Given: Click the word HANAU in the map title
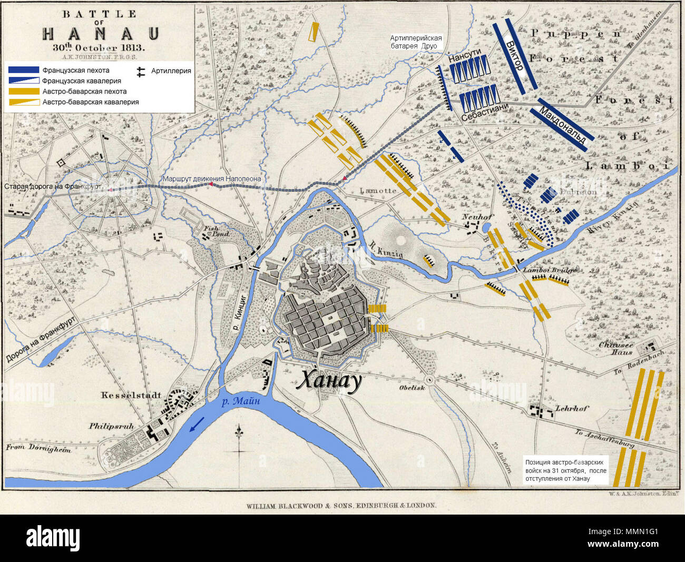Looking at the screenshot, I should point(100,34).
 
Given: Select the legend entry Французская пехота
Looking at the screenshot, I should point(75,70).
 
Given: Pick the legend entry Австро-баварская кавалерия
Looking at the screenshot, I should point(90,102).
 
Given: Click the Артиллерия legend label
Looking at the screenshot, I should point(171,71).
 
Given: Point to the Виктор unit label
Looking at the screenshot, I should point(514,55).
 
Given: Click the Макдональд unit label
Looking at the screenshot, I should point(562,125).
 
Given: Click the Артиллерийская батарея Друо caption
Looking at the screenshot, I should point(416,42).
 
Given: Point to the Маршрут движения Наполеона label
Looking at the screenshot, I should point(211,179).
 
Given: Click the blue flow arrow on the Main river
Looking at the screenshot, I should point(198,425).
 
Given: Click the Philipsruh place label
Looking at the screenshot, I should point(111,426).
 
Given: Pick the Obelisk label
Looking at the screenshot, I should point(412,388).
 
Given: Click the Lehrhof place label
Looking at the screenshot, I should point(572,408).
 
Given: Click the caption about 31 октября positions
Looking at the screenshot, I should point(565,470).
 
